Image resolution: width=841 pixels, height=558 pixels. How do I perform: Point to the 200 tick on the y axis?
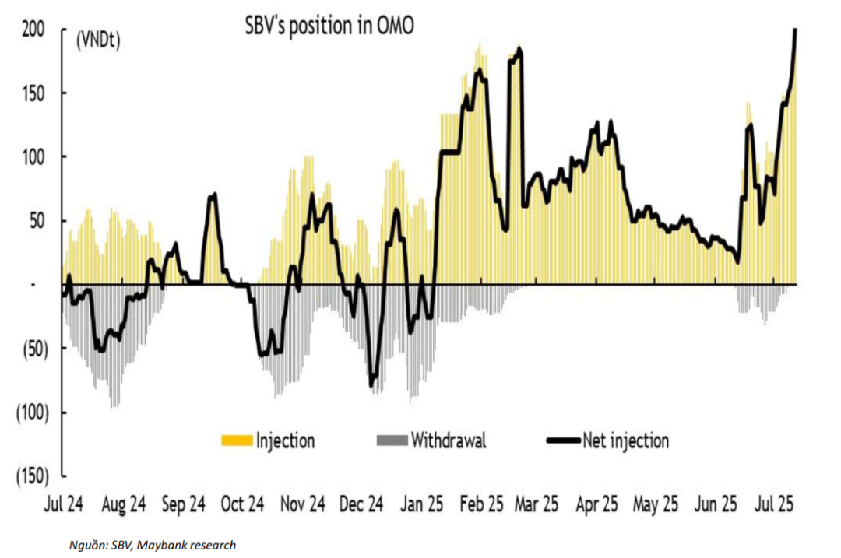point(32,30)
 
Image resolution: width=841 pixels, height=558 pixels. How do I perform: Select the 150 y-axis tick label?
point(32,93)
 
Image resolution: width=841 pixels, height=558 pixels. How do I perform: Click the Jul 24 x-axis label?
point(64,504)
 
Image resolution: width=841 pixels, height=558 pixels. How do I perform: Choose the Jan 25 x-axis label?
point(422,504)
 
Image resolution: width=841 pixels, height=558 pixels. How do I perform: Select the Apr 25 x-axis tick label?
point(596,504)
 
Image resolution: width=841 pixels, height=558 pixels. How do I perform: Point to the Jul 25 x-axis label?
point(774,504)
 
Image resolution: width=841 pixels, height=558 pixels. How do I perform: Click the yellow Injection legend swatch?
point(237,441)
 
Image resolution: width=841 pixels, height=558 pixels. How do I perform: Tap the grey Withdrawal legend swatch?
point(392,441)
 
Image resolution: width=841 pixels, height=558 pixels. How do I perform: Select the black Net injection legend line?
point(562,441)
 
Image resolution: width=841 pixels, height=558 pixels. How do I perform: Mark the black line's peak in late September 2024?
point(213,195)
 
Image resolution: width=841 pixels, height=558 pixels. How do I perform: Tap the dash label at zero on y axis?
point(33,285)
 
